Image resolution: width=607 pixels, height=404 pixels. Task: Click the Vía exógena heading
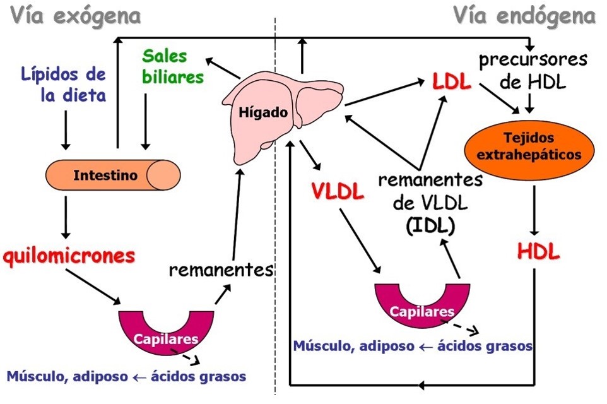[x=74, y=15]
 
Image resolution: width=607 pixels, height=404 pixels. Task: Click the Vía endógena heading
[x=524, y=16]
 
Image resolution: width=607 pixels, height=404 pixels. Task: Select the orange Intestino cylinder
[x=114, y=175]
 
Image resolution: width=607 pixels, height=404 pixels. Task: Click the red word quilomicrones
[x=69, y=256]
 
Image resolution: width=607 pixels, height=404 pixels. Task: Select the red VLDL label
[x=338, y=191]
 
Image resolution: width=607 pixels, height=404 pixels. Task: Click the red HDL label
[x=538, y=252]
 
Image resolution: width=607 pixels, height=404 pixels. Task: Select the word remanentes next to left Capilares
[x=221, y=270]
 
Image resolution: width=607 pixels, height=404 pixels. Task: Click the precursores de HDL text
[x=533, y=70]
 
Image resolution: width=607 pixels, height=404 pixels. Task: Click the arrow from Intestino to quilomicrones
[x=65, y=216]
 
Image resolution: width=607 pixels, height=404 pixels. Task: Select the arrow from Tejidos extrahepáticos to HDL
[x=534, y=211]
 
